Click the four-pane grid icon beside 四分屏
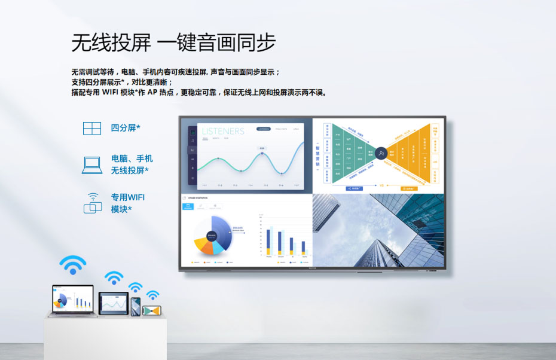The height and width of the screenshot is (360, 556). pyautogui.click(x=92, y=128)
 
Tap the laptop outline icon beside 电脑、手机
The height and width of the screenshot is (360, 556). pyautogui.click(x=92, y=164)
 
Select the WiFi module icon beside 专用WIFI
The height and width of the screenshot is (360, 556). pyautogui.click(x=93, y=203)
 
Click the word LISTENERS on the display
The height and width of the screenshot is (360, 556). pyautogui.click(x=223, y=131)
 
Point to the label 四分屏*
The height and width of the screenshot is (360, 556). pyautogui.click(x=126, y=128)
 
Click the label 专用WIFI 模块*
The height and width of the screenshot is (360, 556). pyautogui.click(x=128, y=203)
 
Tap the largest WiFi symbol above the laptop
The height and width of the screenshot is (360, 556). pyautogui.click(x=73, y=265)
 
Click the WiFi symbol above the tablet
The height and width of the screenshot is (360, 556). pyautogui.click(x=114, y=278)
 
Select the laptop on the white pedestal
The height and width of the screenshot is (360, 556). pyautogui.click(x=72, y=300)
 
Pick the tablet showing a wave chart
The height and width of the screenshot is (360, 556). pyautogui.click(x=113, y=304)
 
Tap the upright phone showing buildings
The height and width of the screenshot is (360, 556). pyautogui.click(x=136, y=306)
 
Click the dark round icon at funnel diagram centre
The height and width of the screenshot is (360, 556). pyautogui.click(x=381, y=155)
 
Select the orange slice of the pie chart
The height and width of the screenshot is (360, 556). pyautogui.click(x=201, y=245)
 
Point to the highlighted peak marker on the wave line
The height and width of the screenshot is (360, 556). pyautogui.click(x=262, y=154)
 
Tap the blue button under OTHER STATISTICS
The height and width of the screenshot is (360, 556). pyautogui.click(x=188, y=206)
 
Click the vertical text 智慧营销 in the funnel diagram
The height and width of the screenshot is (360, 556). pyautogui.click(x=317, y=154)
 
